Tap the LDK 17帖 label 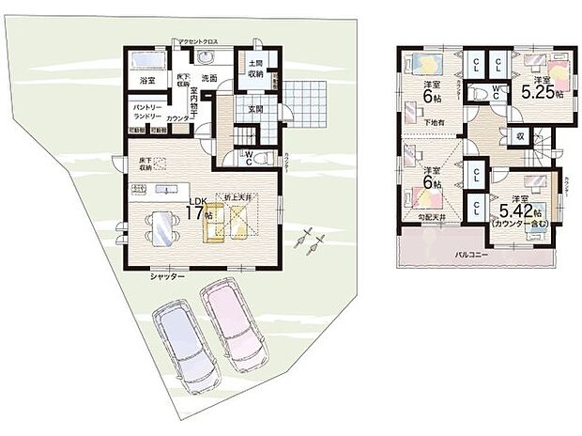[x=198, y=207]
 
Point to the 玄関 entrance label [x=254, y=107]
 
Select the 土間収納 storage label [x=255, y=68]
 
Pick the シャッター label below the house [x=167, y=277]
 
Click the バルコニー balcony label [x=475, y=254]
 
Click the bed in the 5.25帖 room [x=554, y=70]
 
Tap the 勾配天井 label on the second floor [x=432, y=219]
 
